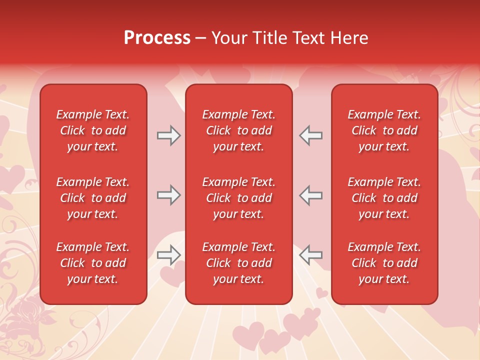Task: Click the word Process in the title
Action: tap(157, 38)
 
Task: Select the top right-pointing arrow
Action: tap(168, 135)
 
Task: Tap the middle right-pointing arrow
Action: tap(168, 195)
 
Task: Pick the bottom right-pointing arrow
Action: tap(168, 255)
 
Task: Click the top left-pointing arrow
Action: tap(310, 135)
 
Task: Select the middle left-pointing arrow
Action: tap(310, 195)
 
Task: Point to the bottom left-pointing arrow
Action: tap(310, 255)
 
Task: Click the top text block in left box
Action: tap(93, 130)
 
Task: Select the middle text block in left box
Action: tap(93, 198)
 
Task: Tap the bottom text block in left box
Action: tap(93, 263)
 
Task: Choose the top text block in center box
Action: tap(238, 130)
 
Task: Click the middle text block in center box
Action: tap(238, 198)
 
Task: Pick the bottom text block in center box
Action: tap(238, 263)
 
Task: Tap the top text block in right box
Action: tap(384, 130)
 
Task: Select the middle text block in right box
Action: tap(384, 198)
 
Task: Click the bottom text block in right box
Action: tap(384, 263)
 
